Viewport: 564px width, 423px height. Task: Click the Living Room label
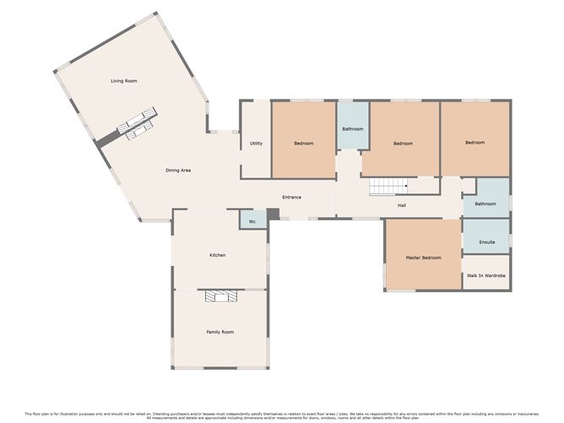coord(123,81)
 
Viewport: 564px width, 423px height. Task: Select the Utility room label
coord(256,144)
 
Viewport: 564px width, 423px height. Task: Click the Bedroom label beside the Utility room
coord(304,144)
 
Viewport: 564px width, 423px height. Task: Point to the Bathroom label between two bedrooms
coord(353,129)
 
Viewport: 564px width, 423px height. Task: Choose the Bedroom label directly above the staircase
coord(403,144)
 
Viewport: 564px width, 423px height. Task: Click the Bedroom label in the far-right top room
coord(475,143)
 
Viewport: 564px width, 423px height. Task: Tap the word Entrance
coord(291,198)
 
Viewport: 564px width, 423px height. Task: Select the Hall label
coord(404,205)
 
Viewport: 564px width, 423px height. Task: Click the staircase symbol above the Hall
coord(389,187)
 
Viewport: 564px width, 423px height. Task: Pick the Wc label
coord(252,222)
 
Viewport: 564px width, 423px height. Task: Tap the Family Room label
coord(220,332)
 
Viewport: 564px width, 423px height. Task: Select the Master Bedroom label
coord(423,258)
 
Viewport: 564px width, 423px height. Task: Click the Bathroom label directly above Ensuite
coord(485,203)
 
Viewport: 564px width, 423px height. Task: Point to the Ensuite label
coord(486,242)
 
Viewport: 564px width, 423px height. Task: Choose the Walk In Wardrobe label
coord(486,276)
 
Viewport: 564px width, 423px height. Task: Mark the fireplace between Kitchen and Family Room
coord(221,296)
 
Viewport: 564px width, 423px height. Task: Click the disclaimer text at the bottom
coord(282,415)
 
